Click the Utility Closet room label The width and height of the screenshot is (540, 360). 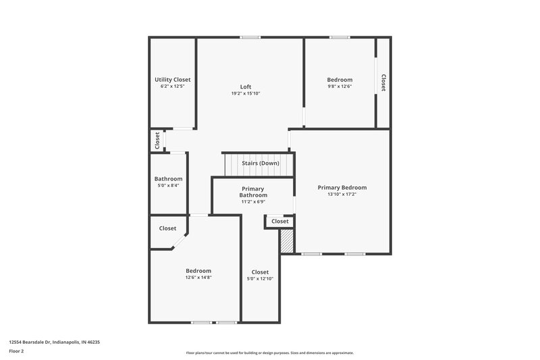coord(172,80)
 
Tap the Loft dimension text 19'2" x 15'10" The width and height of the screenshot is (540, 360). coord(246,93)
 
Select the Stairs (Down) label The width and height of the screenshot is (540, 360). coord(261,163)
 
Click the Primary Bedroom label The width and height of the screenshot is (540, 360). coord(342,188)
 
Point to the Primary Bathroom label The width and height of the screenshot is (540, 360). coord(253,192)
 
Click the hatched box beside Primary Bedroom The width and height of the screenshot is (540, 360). coord(287,241)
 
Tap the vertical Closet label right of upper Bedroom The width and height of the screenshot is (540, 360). coord(383,82)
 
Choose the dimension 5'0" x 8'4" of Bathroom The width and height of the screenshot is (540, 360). coord(168,186)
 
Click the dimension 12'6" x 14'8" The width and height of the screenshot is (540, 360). coord(198,278)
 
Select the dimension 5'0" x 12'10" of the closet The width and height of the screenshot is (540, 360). coord(260,279)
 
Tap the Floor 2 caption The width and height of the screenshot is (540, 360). coord(17,351)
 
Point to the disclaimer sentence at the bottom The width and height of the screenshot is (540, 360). coord(270,353)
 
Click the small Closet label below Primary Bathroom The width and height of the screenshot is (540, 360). coord(280,222)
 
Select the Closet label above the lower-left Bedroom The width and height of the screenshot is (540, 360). coord(167,228)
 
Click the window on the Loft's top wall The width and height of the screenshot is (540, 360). coord(250,37)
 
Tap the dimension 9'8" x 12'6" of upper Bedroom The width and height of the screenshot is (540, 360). coord(340,86)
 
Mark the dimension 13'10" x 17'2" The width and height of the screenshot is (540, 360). coord(342,195)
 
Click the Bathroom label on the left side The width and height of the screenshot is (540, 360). coord(168,179)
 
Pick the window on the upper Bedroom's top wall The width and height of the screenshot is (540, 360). coord(340,37)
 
